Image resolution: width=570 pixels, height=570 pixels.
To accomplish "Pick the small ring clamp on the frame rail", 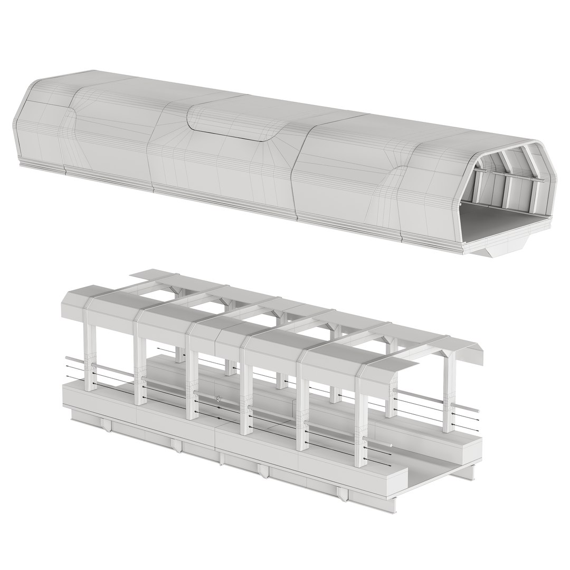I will (x=218, y=399).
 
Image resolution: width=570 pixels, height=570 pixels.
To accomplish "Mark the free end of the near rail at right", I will (x=391, y=445).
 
